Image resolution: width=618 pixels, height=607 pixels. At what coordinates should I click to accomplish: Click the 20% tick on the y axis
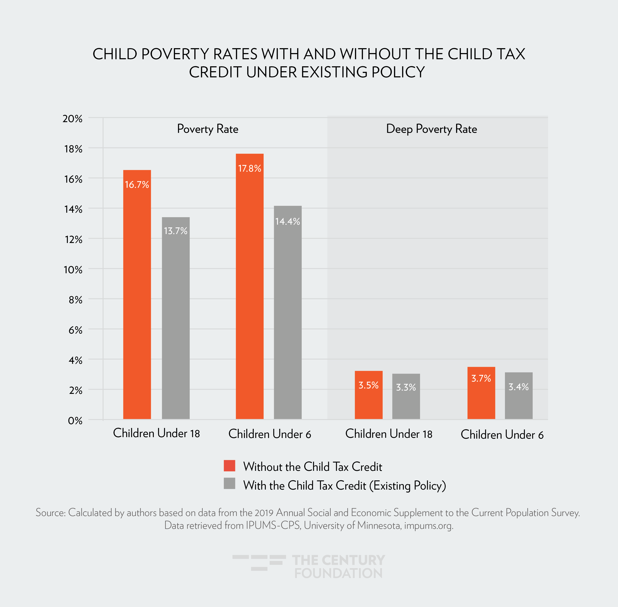[x=73, y=119]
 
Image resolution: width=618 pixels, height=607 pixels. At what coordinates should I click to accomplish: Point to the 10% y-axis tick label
[x=73, y=270]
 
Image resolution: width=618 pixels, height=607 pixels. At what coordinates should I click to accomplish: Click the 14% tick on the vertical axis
[x=73, y=210]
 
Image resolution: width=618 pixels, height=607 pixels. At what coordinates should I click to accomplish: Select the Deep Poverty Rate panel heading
[x=431, y=129]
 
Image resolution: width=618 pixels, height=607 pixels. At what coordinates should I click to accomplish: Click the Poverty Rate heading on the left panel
[x=207, y=129]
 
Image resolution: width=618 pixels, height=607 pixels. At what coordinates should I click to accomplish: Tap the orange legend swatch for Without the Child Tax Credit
[x=229, y=466]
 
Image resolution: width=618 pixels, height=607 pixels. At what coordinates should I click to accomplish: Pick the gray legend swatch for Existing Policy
[x=229, y=483]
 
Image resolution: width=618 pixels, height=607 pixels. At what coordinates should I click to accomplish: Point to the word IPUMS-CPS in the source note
[x=273, y=525]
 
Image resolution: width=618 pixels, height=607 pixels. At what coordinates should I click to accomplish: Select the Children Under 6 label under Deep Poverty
[x=502, y=435]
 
